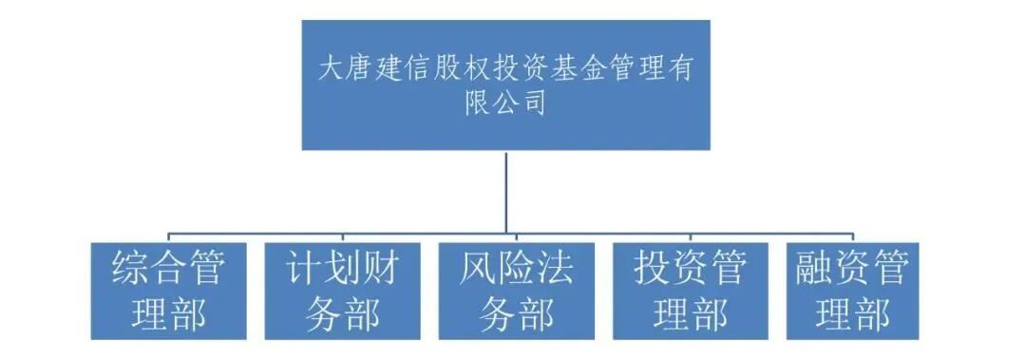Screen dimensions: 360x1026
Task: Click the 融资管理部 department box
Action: click(852, 291)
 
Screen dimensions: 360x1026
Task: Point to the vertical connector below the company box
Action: click(506, 190)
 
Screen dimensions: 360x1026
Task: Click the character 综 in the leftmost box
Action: click(130, 268)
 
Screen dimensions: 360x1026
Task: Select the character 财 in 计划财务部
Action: click(377, 268)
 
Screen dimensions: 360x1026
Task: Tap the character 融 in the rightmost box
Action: click(815, 268)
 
